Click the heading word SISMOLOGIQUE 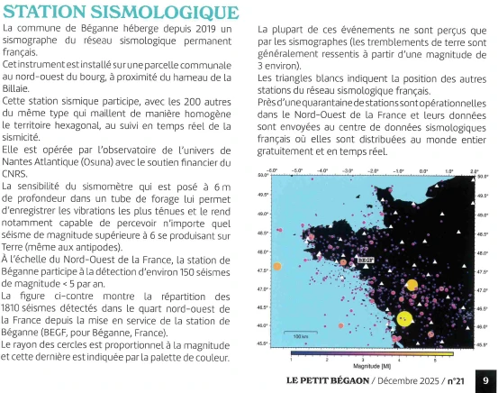(170, 14)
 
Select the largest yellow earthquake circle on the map (405, 318)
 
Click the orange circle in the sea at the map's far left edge (277, 266)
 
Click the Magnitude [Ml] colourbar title (372, 366)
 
